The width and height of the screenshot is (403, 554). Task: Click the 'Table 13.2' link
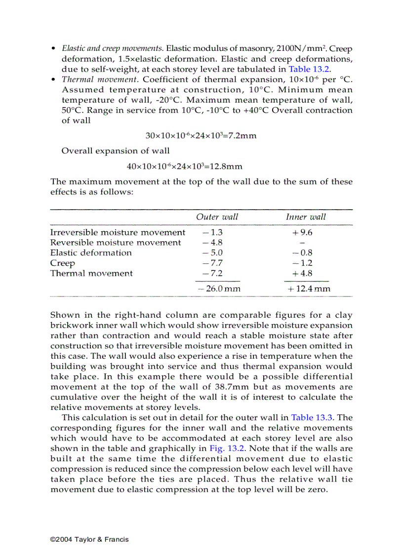[x=309, y=69]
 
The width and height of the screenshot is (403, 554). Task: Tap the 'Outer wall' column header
[x=217, y=217]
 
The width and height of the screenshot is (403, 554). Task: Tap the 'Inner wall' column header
[x=306, y=217]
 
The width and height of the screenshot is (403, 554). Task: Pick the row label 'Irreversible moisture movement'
[x=118, y=232]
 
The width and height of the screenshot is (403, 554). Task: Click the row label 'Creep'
[x=63, y=263]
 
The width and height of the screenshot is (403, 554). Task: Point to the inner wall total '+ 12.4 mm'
[x=309, y=289]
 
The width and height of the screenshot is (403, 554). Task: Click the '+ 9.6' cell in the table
[x=302, y=232]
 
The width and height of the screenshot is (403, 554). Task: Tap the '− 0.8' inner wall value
[x=302, y=253]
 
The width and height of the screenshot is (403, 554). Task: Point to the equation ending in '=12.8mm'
[x=184, y=167]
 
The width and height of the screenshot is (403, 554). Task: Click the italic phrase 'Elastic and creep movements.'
[x=113, y=49]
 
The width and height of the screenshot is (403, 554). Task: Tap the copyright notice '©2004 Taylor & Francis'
[x=89, y=539]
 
